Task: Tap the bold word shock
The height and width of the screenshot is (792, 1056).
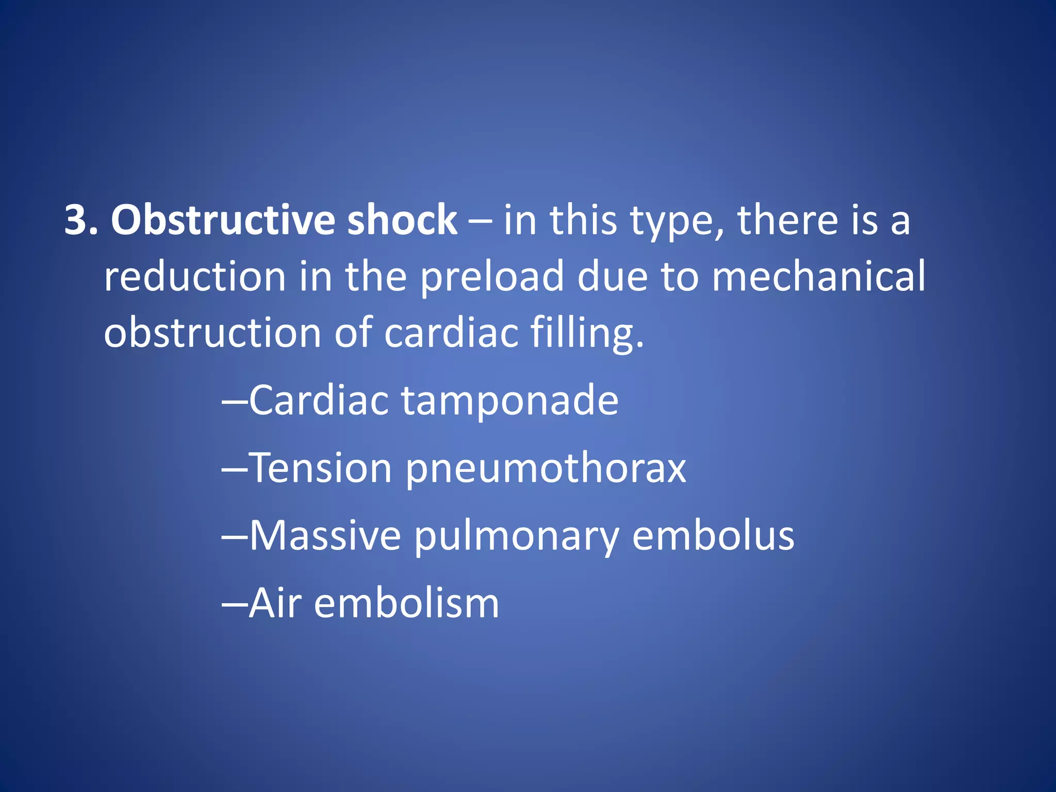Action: (x=402, y=220)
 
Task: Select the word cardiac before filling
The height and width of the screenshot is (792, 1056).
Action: (x=451, y=333)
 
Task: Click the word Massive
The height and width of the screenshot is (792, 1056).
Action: (x=325, y=536)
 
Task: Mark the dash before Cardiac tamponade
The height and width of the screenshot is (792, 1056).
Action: (x=235, y=401)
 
